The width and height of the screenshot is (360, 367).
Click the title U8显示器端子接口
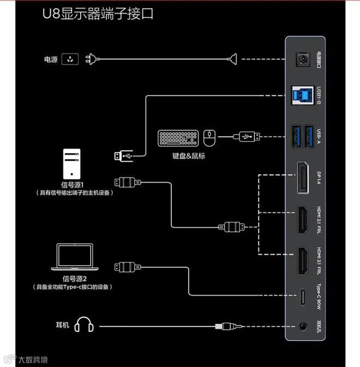click(x=98, y=14)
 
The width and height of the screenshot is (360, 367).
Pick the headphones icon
click(x=85, y=325)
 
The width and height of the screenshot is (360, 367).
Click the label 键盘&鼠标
click(x=188, y=156)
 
